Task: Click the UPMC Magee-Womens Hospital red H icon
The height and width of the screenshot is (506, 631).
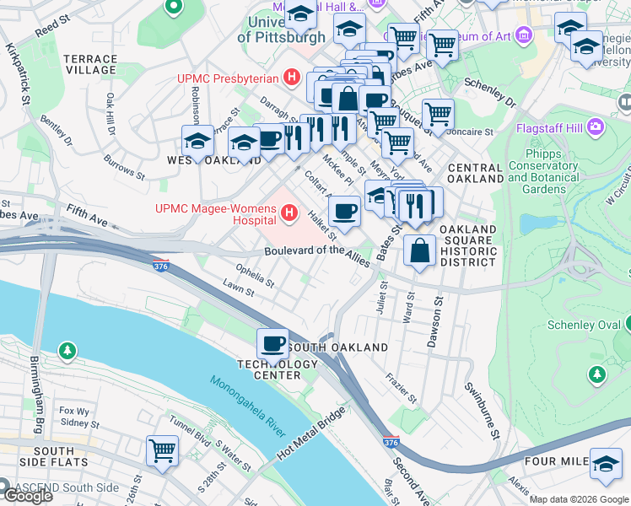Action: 291,211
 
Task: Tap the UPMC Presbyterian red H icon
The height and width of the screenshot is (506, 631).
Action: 292,78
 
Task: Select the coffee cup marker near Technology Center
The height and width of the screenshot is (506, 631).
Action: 272,344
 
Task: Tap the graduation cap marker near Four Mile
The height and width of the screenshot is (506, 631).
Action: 605,463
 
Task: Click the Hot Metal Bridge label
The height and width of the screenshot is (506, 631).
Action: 312,444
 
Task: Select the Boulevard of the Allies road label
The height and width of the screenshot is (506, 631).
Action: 317,252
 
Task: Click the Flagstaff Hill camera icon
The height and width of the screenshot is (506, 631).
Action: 596,128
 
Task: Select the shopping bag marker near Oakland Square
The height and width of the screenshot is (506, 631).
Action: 419,250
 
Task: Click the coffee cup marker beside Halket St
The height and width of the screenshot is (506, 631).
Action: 344,212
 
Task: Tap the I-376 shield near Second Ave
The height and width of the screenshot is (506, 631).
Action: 390,442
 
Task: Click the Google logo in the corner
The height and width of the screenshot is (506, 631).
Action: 28,495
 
